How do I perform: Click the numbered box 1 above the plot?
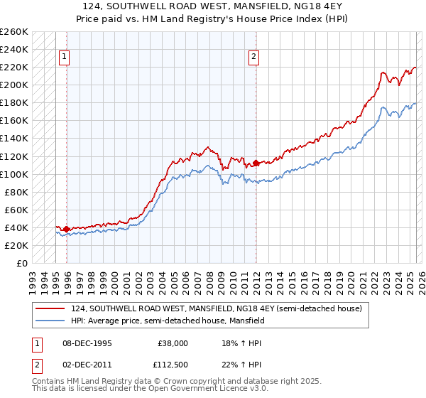pyautogui.click(x=65, y=58)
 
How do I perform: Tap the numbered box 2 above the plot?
pyautogui.click(x=253, y=58)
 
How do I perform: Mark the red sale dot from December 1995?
pyautogui.click(x=66, y=229)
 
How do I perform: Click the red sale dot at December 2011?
pyautogui.click(x=255, y=163)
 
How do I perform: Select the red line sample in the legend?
pyautogui.click(x=51, y=308)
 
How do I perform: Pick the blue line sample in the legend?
pyautogui.click(x=51, y=321)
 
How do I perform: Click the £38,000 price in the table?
pyautogui.click(x=173, y=343)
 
